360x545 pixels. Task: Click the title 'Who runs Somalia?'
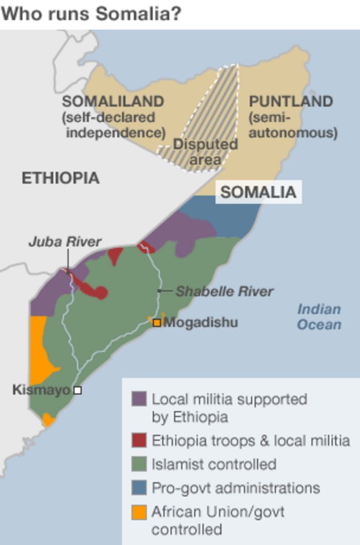click(91, 13)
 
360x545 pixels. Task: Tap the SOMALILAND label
click(113, 102)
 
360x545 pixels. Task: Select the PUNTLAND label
click(291, 102)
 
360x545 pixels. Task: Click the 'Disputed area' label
click(205, 151)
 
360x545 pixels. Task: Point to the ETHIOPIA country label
click(61, 178)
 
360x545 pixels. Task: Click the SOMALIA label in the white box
click(258, 192)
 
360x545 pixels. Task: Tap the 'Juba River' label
click(65, 242)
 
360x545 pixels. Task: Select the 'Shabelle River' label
click(224, 292)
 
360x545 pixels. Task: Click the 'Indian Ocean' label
click(318, 317)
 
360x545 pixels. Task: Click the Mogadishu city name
click(200, 322)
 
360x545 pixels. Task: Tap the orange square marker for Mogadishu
click(156, 323)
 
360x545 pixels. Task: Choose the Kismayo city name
click(41, 390)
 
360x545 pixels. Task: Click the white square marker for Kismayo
click(77, 390)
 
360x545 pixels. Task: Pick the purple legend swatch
click(139, 399)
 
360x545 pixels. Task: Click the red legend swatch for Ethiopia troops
click(139, 441)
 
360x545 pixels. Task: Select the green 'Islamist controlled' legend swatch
click(139, 464)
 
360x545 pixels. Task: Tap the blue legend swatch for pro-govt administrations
click(139, 488)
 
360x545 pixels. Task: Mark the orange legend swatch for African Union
click(139, 512)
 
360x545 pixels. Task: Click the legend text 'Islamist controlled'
click(214, 464)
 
